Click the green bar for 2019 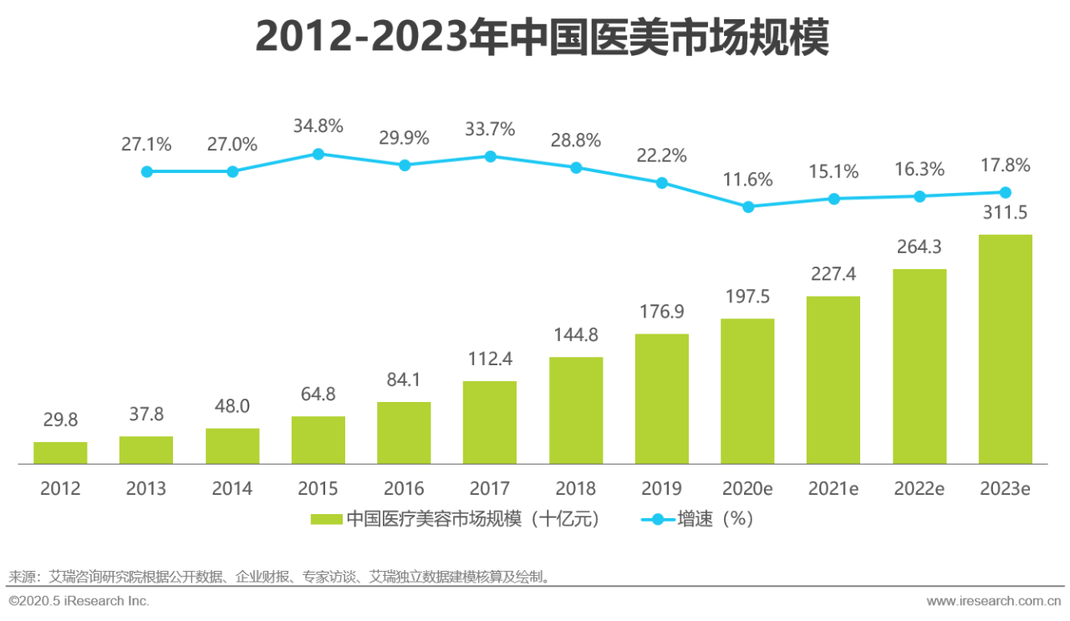pyautogui.click(x=662, y=399)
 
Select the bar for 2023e pyautogui.click(x=1005, y=349)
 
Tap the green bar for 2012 pyautogui.click(x=60, y=452)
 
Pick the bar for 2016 pyautogui.click(x=404, y=432)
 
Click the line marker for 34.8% pyautogui.click(x=318, y=154)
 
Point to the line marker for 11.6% pyautogui.click(x=748, y=206)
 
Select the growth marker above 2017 pyautogui.click(x=491, y=156)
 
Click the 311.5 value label pyautogui.click(x=1005, y=213)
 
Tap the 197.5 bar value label pyautogui.click(x=747, y=298)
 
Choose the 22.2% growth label pyautogui.click(x=661, y=155)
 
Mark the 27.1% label pyautogui.click(x=146, y=145)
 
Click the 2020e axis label pyautogui.click(x=747, y=489)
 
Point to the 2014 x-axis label pyautogui.click(x=232, y=489)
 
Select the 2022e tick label pyautogui.click(x=920, y=489)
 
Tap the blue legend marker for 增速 pyautogui.click(x=658, y=519)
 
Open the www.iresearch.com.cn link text pyautogui.click(x=994, y=601)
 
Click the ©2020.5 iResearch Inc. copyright pyautogui.click(x=79, y=601)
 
